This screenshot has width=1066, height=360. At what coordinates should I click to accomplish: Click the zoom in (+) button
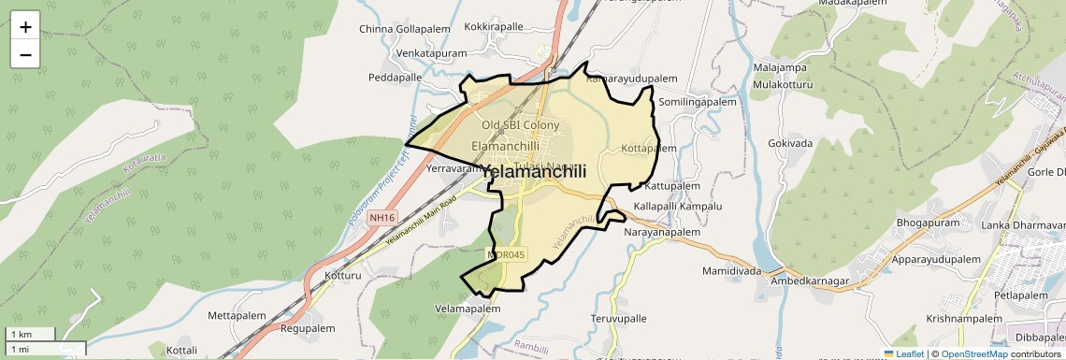25,26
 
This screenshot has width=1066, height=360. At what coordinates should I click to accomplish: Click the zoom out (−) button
25,54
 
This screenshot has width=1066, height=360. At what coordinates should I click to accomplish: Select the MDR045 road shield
508,253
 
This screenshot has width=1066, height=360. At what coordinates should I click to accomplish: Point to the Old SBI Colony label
520,125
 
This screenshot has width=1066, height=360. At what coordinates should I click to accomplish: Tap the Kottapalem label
648,148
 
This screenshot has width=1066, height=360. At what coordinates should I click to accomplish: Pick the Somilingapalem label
698,101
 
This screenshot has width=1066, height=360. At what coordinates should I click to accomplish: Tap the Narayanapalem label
662,232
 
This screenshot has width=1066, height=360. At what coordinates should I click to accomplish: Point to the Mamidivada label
731,271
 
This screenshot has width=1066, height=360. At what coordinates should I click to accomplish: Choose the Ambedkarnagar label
810,281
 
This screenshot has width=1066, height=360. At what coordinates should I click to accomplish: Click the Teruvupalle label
618,318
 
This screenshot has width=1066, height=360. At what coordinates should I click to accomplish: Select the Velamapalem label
468,309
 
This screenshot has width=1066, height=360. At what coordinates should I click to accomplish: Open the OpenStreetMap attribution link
973,353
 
